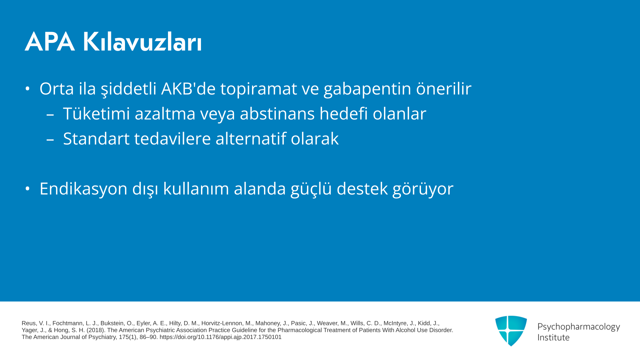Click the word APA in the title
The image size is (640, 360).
(x=50, y=42)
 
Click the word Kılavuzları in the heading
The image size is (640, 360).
(x=142, y=42)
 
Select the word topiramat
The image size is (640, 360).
(x=259, y=89)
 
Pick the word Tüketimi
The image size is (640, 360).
(x=96, y=113)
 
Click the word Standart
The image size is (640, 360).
(x=96, y=139)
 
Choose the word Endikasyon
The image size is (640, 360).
(x=84, y=189)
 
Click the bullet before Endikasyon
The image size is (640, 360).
(x=28, y=189)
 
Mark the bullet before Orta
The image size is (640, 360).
(x=28, y=89)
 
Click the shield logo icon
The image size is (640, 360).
(x=511, y=331)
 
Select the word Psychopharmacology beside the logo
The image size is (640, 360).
(x=579, y=327)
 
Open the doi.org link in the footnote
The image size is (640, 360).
(x=221, y=337)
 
